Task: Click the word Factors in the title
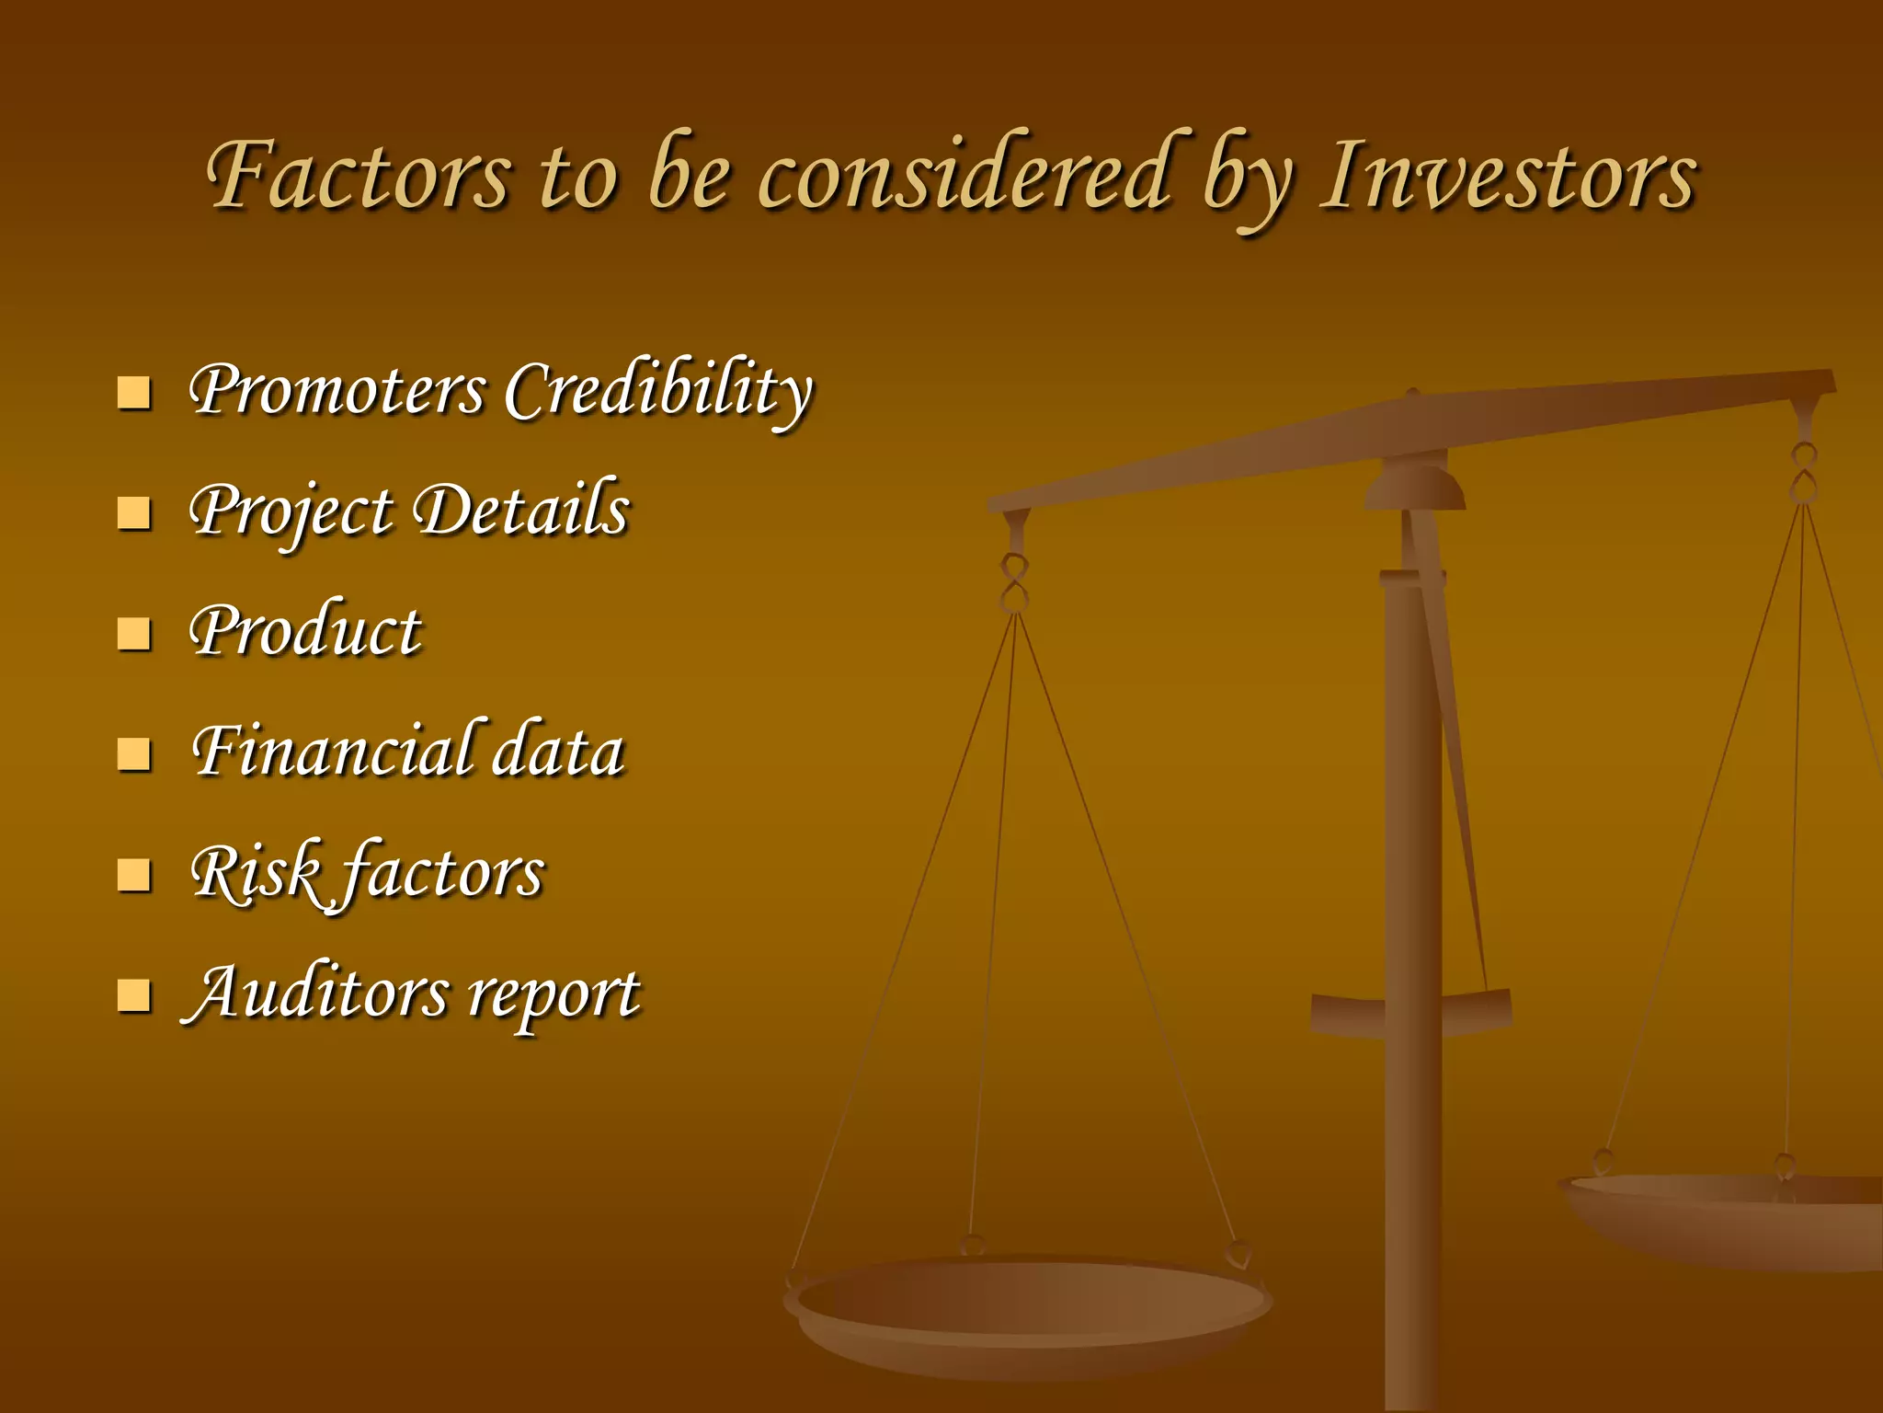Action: pyautogui.click(x=359, y=175)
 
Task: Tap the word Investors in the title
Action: pyautogui.click(x=1508, y=175)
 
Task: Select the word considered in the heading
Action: pyautogui.click(x=965, y=175)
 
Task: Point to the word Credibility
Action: pyautogui.click(x=658, y=391)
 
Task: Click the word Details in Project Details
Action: pyautogui.click(x=521, y=511)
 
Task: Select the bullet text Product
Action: pyautogui.click(x=305, y=633)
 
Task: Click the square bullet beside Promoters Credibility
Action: pyautogui.click(x=134, y=393)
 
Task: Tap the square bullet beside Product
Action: pyautogui.click(x=134, y=634)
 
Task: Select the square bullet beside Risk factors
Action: pyautogui.click(x=134, y=875)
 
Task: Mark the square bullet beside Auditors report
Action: pyautogui.click(x=134, y=995)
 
